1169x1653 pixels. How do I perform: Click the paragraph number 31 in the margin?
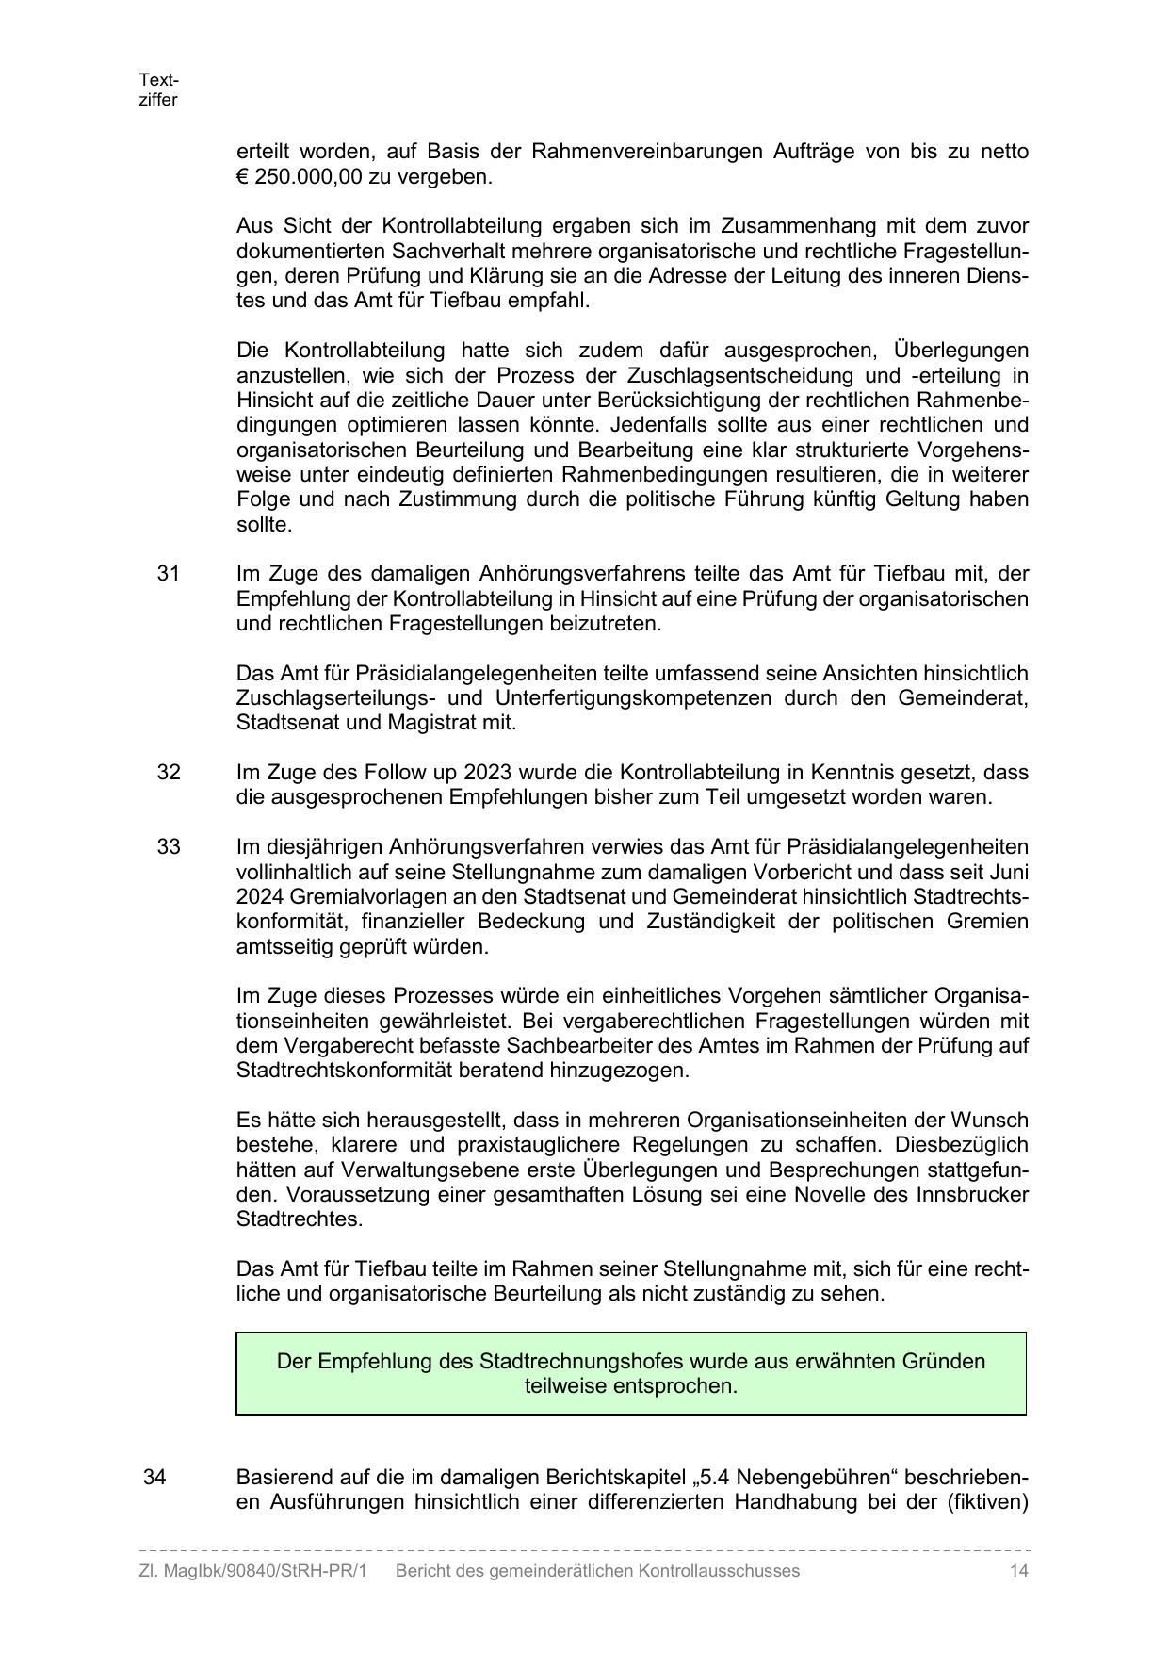coord(168,574)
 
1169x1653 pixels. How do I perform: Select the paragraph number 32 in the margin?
coord(168,773)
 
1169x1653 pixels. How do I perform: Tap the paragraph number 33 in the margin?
coord(168,846)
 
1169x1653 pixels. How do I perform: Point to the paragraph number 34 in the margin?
coord(154,1477)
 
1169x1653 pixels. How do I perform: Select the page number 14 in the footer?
coord(1018,1571)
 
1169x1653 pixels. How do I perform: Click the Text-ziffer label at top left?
coord(158,90)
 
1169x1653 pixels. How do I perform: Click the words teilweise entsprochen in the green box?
coord(630,1386)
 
